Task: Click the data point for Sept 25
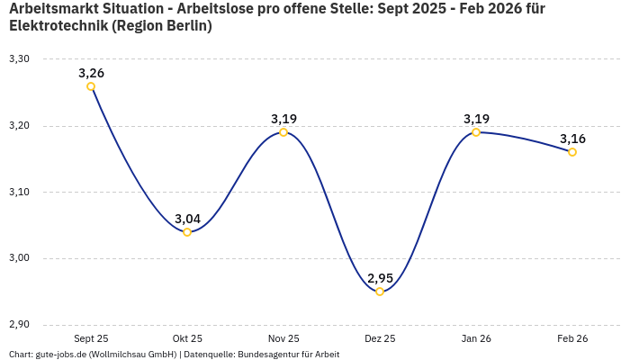tap(91, 86)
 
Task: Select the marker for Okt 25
tap(187, 232)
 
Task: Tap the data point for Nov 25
tap(283, 132)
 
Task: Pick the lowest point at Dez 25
tap(380, 292)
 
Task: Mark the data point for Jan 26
tap(476, 132)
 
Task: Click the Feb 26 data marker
tap(572, 152)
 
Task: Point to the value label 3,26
tap(91, 73)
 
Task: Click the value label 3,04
tap(187, 219)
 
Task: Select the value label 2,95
tap(380, 278)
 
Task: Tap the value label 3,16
tap(572, 139)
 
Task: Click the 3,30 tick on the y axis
tap(19, 59)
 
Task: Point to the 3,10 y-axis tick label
tap(19, 193)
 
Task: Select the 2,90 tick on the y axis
tap(19, 325)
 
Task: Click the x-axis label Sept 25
tap(91, 339)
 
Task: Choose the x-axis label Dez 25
tap(380, 339)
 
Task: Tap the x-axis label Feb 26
tap(572, 339)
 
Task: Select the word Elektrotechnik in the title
tap(58, 26)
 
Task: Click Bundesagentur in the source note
tap(265, 355)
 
